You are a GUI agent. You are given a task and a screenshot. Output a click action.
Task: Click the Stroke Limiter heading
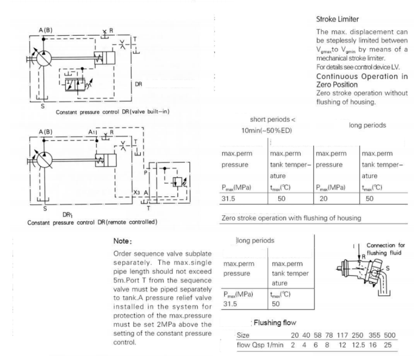pos(338,20)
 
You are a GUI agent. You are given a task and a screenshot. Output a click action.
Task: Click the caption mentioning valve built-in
pos(113,112)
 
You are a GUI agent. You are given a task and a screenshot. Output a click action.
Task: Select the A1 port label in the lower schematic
pos(91,131)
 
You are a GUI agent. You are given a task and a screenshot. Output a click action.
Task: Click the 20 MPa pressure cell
pos(324,197)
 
